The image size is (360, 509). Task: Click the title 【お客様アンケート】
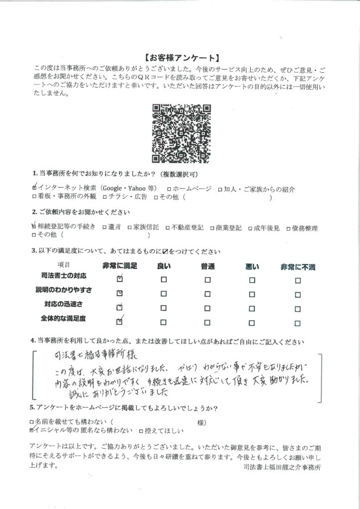tap(180, 57)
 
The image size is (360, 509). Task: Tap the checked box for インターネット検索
tap(34, 189)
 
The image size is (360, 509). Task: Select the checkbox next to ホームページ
tap(170, 189)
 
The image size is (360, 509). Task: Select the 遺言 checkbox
tap(104, 228)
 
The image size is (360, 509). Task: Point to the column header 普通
tap(208, 267)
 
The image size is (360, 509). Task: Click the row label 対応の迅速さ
tap(66, 304)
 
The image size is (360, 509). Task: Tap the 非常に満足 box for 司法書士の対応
tap(119, 280)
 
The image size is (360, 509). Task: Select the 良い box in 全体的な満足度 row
tap(164, 322)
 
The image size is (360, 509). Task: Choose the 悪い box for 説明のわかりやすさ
tap(252, 294)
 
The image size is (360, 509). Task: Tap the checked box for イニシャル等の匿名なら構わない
tap(33, 430)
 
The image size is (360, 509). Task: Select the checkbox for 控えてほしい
tap(141, 430)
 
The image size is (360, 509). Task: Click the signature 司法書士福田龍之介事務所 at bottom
tap(282, 468)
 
